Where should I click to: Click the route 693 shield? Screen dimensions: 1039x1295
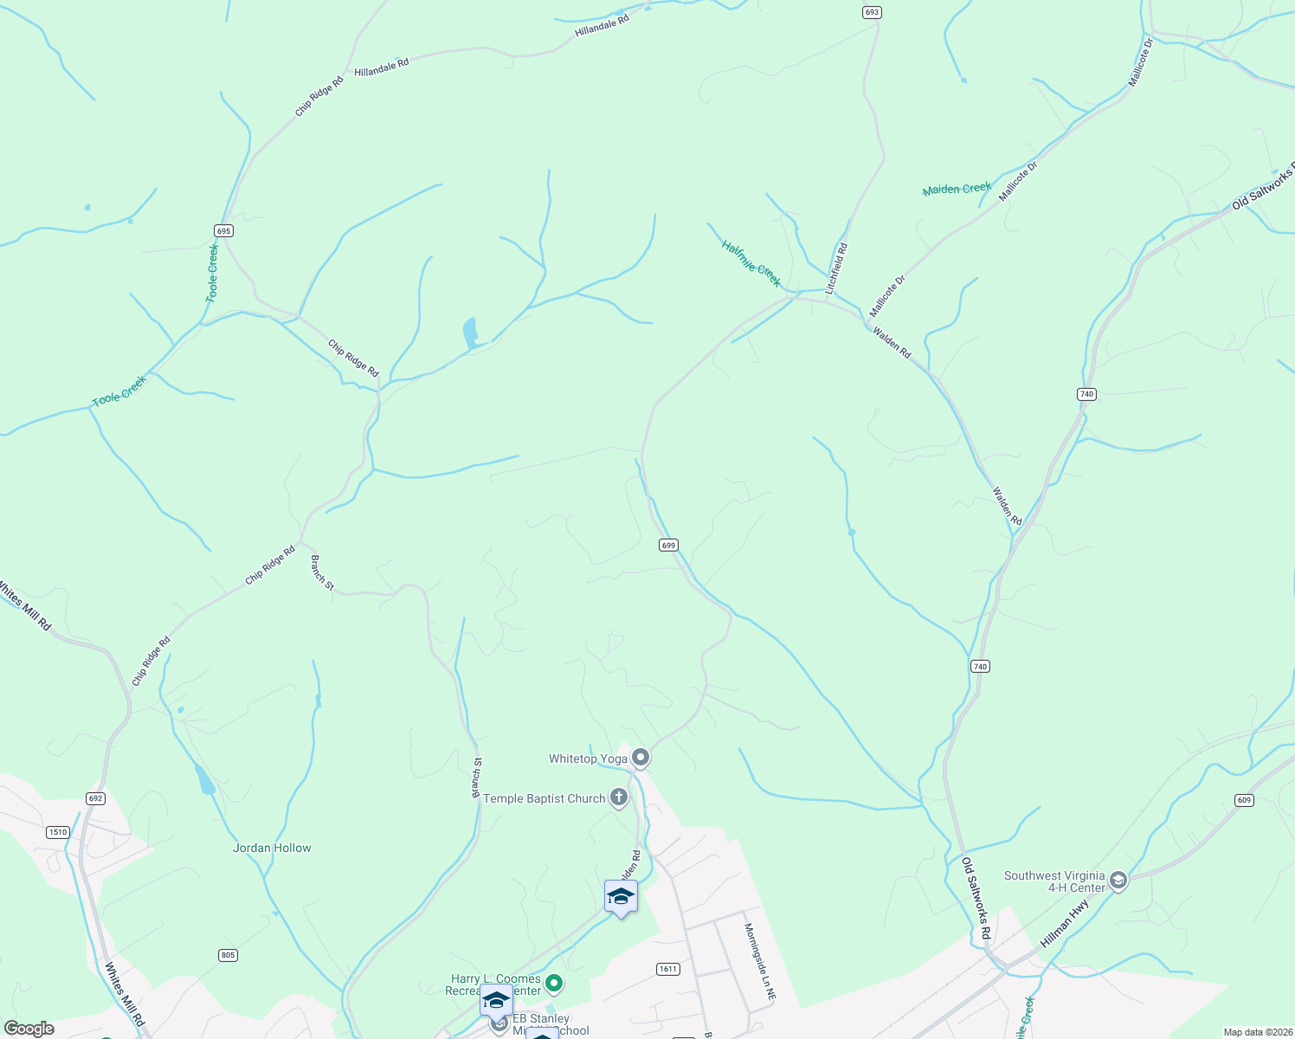pos(872,12)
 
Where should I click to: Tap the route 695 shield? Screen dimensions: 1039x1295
pos(224,230)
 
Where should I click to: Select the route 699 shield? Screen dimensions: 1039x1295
pos(667,545)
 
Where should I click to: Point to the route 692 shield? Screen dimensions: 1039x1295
pos(95,798)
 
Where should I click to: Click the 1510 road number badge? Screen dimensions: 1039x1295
pos(57,832)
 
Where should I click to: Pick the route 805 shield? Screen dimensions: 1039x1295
pos(228,955)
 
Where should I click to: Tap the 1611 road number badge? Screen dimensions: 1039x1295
pos(667,969)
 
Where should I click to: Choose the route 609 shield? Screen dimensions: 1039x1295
pos(1244,800)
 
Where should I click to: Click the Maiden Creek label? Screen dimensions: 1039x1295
pos(957,189)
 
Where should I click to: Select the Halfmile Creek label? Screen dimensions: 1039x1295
pos(751,263)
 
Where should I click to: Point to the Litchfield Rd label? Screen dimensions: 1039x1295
pos(836,268)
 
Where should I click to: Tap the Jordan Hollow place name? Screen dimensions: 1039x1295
pos(272,848)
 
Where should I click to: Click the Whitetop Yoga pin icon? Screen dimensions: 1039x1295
pos(641,758)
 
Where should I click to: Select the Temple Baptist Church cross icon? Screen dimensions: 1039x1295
pos(618,797)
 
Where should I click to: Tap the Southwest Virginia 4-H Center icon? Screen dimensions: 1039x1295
pos(1118,881)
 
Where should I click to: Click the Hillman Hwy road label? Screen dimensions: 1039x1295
pos(1065,923)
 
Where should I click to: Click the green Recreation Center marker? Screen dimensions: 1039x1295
pos(555,984)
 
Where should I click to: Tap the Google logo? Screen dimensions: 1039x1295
pos(29,1029)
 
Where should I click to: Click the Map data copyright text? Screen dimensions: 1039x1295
pos(1257,1032)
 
